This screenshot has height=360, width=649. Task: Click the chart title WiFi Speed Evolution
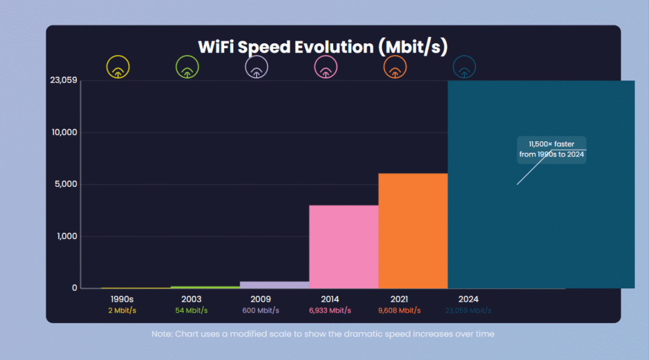click(x=323, y=47)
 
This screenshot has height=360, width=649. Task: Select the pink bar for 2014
click(x=344, y=247)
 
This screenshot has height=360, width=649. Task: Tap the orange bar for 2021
click(x=413, y=231)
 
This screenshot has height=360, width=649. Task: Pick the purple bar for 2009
click(x=274, y=285)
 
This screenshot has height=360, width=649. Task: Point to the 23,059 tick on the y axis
click(x=63, y=80)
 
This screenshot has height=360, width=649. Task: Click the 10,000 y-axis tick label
click(x=65, y=132)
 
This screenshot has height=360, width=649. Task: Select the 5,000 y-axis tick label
click(x=67, y=184)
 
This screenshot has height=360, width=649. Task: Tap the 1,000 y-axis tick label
click(x=67, y=236)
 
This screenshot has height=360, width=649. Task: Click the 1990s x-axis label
click(x=122, y=299)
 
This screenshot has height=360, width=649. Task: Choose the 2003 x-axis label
click(x=191, y=299)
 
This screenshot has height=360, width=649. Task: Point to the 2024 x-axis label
click(x=468, y=299)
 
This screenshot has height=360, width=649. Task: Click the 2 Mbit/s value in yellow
click(x=122, y=311)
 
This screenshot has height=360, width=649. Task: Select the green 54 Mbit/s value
click(x=191, y=311)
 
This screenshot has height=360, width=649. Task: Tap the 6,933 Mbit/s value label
click(x=330, y=311)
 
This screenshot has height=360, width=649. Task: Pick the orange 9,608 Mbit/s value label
click(x=399, y=311)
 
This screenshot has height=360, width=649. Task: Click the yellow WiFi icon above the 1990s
click(x=118, y=67)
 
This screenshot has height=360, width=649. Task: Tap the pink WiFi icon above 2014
click(x=326, y=67)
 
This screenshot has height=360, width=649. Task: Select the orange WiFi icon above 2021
click(x=395, y=67)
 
